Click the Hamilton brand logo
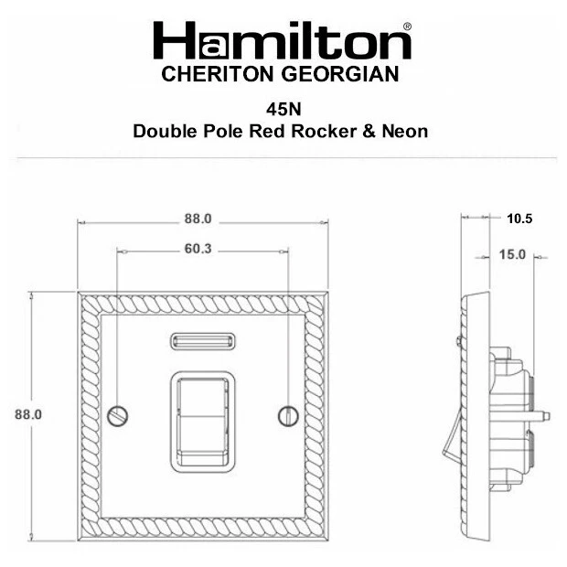[x=282, y=40]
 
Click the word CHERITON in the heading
[x=218, y=74]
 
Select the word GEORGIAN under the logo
[x=340, y=74]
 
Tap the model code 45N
[x=283, y=109]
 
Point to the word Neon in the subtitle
[x=405, y=131]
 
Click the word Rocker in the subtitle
[x=324, y=131]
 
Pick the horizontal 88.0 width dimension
[x=198, y=219]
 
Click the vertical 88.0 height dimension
[x=28, y=414]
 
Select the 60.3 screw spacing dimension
[x=198, y=249]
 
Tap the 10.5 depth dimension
[x=519, y=219]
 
